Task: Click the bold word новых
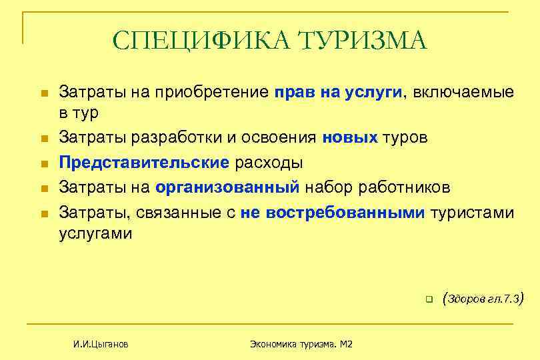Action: [350, 137]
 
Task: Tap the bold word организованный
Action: [227, 188]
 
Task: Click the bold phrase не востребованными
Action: [333, 213]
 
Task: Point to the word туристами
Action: [473, 213]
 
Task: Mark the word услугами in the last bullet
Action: [95, 234]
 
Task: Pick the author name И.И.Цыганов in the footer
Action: [101, 344]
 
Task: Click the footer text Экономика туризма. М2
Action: [301, 344]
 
